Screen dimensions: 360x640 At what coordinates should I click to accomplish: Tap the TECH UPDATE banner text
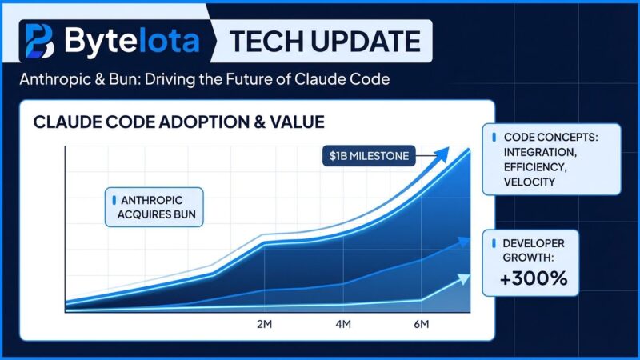click(325, 41)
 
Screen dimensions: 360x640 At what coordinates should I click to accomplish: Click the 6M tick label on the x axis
click(422, 325)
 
